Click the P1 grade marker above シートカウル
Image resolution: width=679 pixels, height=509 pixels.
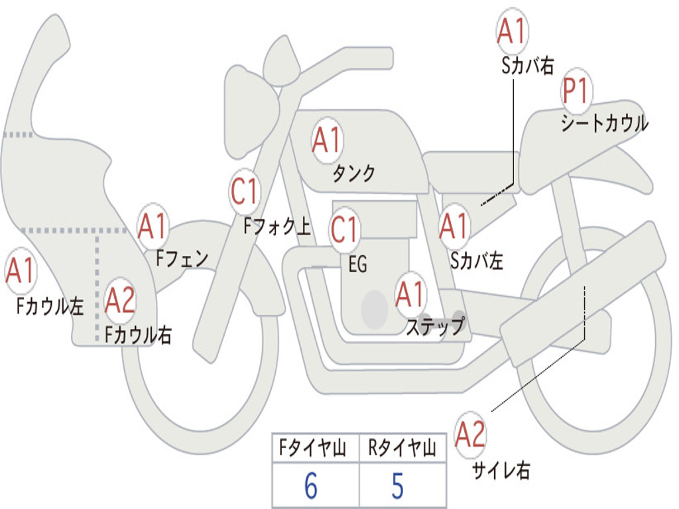[576, 90]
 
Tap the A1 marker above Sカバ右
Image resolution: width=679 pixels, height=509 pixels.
[512, 32]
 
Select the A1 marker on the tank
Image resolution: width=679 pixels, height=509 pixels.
[327, 141]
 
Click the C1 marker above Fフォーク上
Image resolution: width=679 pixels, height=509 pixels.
[245, 192]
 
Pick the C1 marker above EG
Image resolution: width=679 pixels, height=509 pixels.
[344, 229]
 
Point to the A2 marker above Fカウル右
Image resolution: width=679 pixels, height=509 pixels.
[120, 300]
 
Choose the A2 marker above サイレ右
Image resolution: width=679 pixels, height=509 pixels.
[470, 434]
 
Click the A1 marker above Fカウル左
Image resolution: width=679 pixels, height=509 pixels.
[20, 270]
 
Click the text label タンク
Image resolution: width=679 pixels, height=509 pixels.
[353, 174]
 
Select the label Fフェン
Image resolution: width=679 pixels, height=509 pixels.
[182, 258]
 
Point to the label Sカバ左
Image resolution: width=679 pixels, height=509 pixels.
[477, 260]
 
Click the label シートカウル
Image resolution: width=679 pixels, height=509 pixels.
[605, 123]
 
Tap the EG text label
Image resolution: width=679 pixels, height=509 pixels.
[357, 264]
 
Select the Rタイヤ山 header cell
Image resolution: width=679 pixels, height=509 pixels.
[402, 447]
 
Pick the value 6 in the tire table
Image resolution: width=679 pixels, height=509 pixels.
[311, 485]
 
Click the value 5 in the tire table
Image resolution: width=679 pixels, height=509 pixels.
[398, 485]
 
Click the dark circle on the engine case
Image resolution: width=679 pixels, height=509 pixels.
[375, 310]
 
